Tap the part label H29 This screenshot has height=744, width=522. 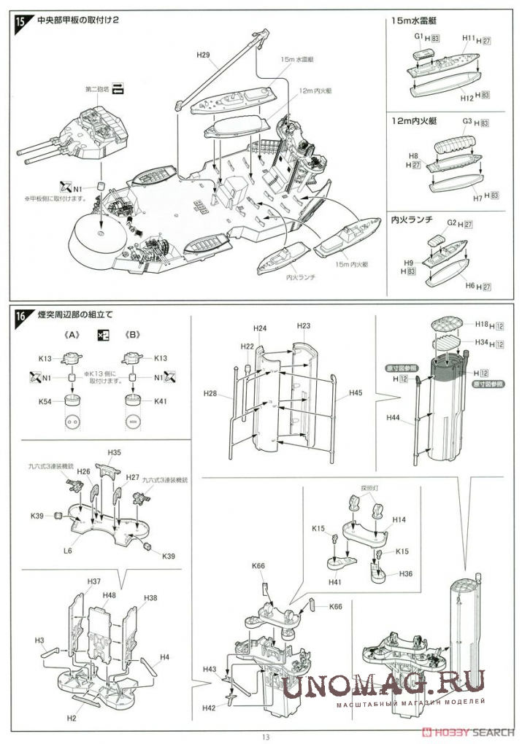click(x=204, y=55)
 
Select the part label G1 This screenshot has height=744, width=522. click(x=419, y=36)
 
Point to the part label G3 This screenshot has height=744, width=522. click(x=468, y=120)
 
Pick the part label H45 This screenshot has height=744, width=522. click(x=355, y=393)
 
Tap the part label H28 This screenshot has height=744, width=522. click(x=210, y=394)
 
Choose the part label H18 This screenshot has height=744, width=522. click(x=482, y=324)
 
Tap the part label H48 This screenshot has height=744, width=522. click(x=110, y=595)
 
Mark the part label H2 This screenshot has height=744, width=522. click(x=72, y=718)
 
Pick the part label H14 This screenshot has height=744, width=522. click(x=399, y=520)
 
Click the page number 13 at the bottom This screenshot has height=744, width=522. click(x=266, y=737)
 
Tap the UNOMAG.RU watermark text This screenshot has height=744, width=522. click(x=383, y=684)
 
